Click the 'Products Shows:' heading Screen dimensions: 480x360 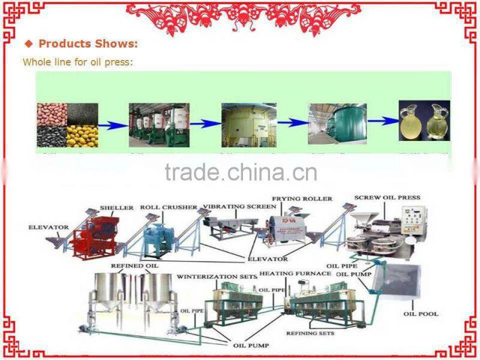(x=88, y=44)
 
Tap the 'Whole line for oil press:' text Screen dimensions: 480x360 (x=77, y=62)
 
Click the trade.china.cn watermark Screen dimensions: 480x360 (x=241, y=172)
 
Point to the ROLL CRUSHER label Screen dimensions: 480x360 (x=169, y=208)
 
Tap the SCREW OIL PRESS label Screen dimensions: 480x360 (x=387, y=197)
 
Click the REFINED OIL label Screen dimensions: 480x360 (x=127, y=265)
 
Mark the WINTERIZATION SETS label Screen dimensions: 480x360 (x=217, y=277)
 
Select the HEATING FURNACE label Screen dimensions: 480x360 (x=304, y=274)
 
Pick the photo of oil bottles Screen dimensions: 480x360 (x=424, y=121)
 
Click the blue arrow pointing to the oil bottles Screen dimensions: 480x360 (x=382, y=121)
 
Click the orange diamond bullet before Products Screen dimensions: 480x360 (x=29, y=44)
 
